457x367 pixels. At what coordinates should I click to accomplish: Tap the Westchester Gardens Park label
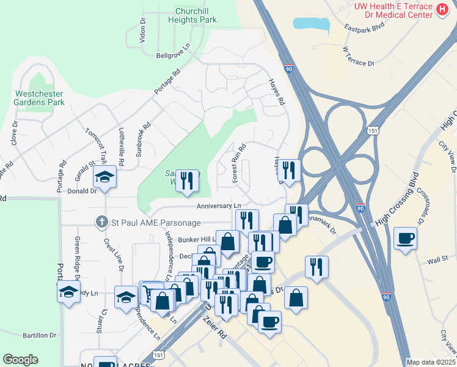click(39, 98)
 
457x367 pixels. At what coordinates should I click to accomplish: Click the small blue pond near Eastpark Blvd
click(311, 24)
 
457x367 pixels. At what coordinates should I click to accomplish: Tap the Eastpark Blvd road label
click(364, 28)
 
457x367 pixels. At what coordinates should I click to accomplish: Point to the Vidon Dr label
click(143, 29)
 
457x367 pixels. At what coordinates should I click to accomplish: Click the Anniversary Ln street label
click(219, 206)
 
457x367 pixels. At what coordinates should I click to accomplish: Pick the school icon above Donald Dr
click(104, 177)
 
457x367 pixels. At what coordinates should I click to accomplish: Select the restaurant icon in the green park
click(187, 180)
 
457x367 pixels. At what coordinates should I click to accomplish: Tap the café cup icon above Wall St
click(405, 239)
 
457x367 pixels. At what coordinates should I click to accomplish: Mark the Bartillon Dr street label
click(40, 335)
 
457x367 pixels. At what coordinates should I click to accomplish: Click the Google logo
click(20, 360)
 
